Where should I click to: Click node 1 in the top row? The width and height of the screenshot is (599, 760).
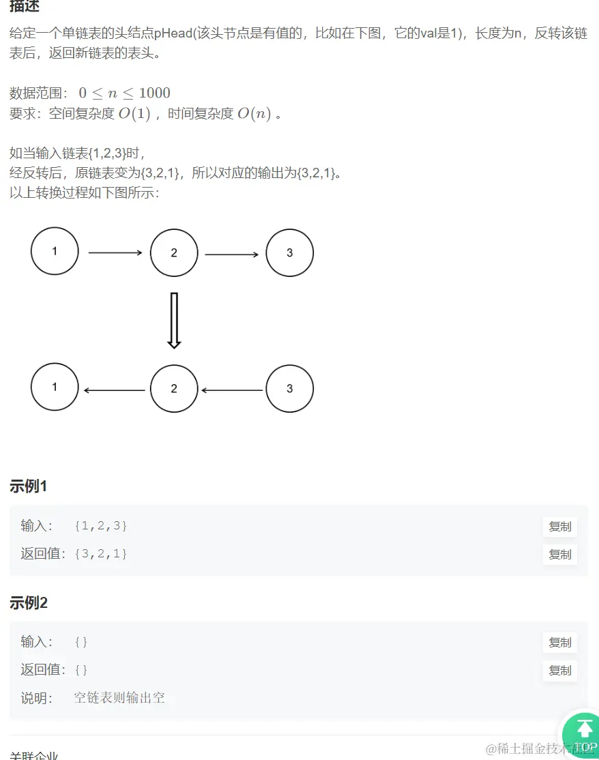55,251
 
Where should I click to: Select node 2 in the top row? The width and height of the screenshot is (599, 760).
174,252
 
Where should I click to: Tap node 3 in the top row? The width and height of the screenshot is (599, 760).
289,252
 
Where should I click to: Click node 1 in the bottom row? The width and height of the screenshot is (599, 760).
55,387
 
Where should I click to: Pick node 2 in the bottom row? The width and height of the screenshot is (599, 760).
174,388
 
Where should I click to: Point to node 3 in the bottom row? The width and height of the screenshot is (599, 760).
289,388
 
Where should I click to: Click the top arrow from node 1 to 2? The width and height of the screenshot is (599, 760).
115,252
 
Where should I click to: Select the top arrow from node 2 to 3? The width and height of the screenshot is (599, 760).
231,254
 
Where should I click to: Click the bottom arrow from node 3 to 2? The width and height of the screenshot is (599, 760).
231,390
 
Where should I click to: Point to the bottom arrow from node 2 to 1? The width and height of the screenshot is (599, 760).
115,390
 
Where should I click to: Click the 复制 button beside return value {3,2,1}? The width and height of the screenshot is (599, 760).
559,555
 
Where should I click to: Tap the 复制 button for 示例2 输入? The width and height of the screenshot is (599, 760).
559,643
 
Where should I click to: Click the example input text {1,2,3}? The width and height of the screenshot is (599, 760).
101,526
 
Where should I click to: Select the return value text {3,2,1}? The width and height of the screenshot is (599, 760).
101,553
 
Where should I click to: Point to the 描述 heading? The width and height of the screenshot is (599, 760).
25,6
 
